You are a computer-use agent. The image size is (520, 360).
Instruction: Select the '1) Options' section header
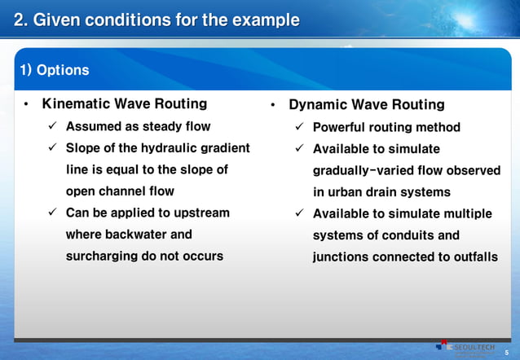[54, 70]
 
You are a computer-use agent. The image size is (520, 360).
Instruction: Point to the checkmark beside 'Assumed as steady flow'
[51, 126]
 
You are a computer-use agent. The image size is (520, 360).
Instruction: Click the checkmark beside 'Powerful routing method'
[299, 127]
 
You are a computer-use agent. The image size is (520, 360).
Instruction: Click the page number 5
[506, 353]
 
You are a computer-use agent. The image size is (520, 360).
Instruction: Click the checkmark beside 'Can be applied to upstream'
[51, 213]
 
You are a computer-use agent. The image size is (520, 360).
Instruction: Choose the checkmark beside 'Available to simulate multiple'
[299, 214]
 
